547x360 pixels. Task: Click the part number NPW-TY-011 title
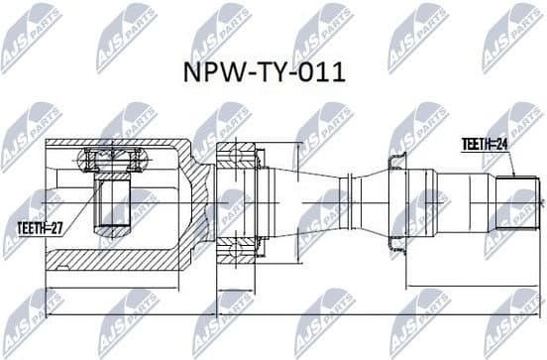click(x=273, y=75)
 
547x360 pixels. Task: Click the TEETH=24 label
click(x=485, y=143)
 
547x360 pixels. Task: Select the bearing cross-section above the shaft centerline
click(x=237, y=156)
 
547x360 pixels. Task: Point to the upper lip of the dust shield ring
click(x=397, y=159)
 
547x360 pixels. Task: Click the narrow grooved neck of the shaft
click(x=346, y=203)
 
